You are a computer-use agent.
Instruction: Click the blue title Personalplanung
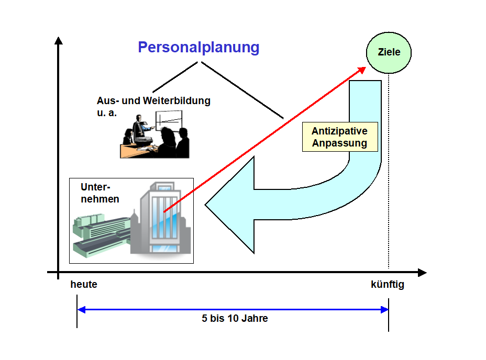click(x=198, y=48)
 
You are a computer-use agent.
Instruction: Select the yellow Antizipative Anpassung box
click(x=339, y=138)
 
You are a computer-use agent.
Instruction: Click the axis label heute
click(x=84, y=285)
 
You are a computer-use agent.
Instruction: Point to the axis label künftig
click(x=388, y=285)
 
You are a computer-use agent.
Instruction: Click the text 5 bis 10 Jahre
click(x=235, y=318)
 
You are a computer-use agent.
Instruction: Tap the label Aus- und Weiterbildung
click(x=153, y=101)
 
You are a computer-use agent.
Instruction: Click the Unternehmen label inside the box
click(x=100, y=193)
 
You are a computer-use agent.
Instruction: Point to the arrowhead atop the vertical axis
click(x=58, y=41)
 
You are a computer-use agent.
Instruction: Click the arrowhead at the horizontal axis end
click(x=422, y=273)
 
